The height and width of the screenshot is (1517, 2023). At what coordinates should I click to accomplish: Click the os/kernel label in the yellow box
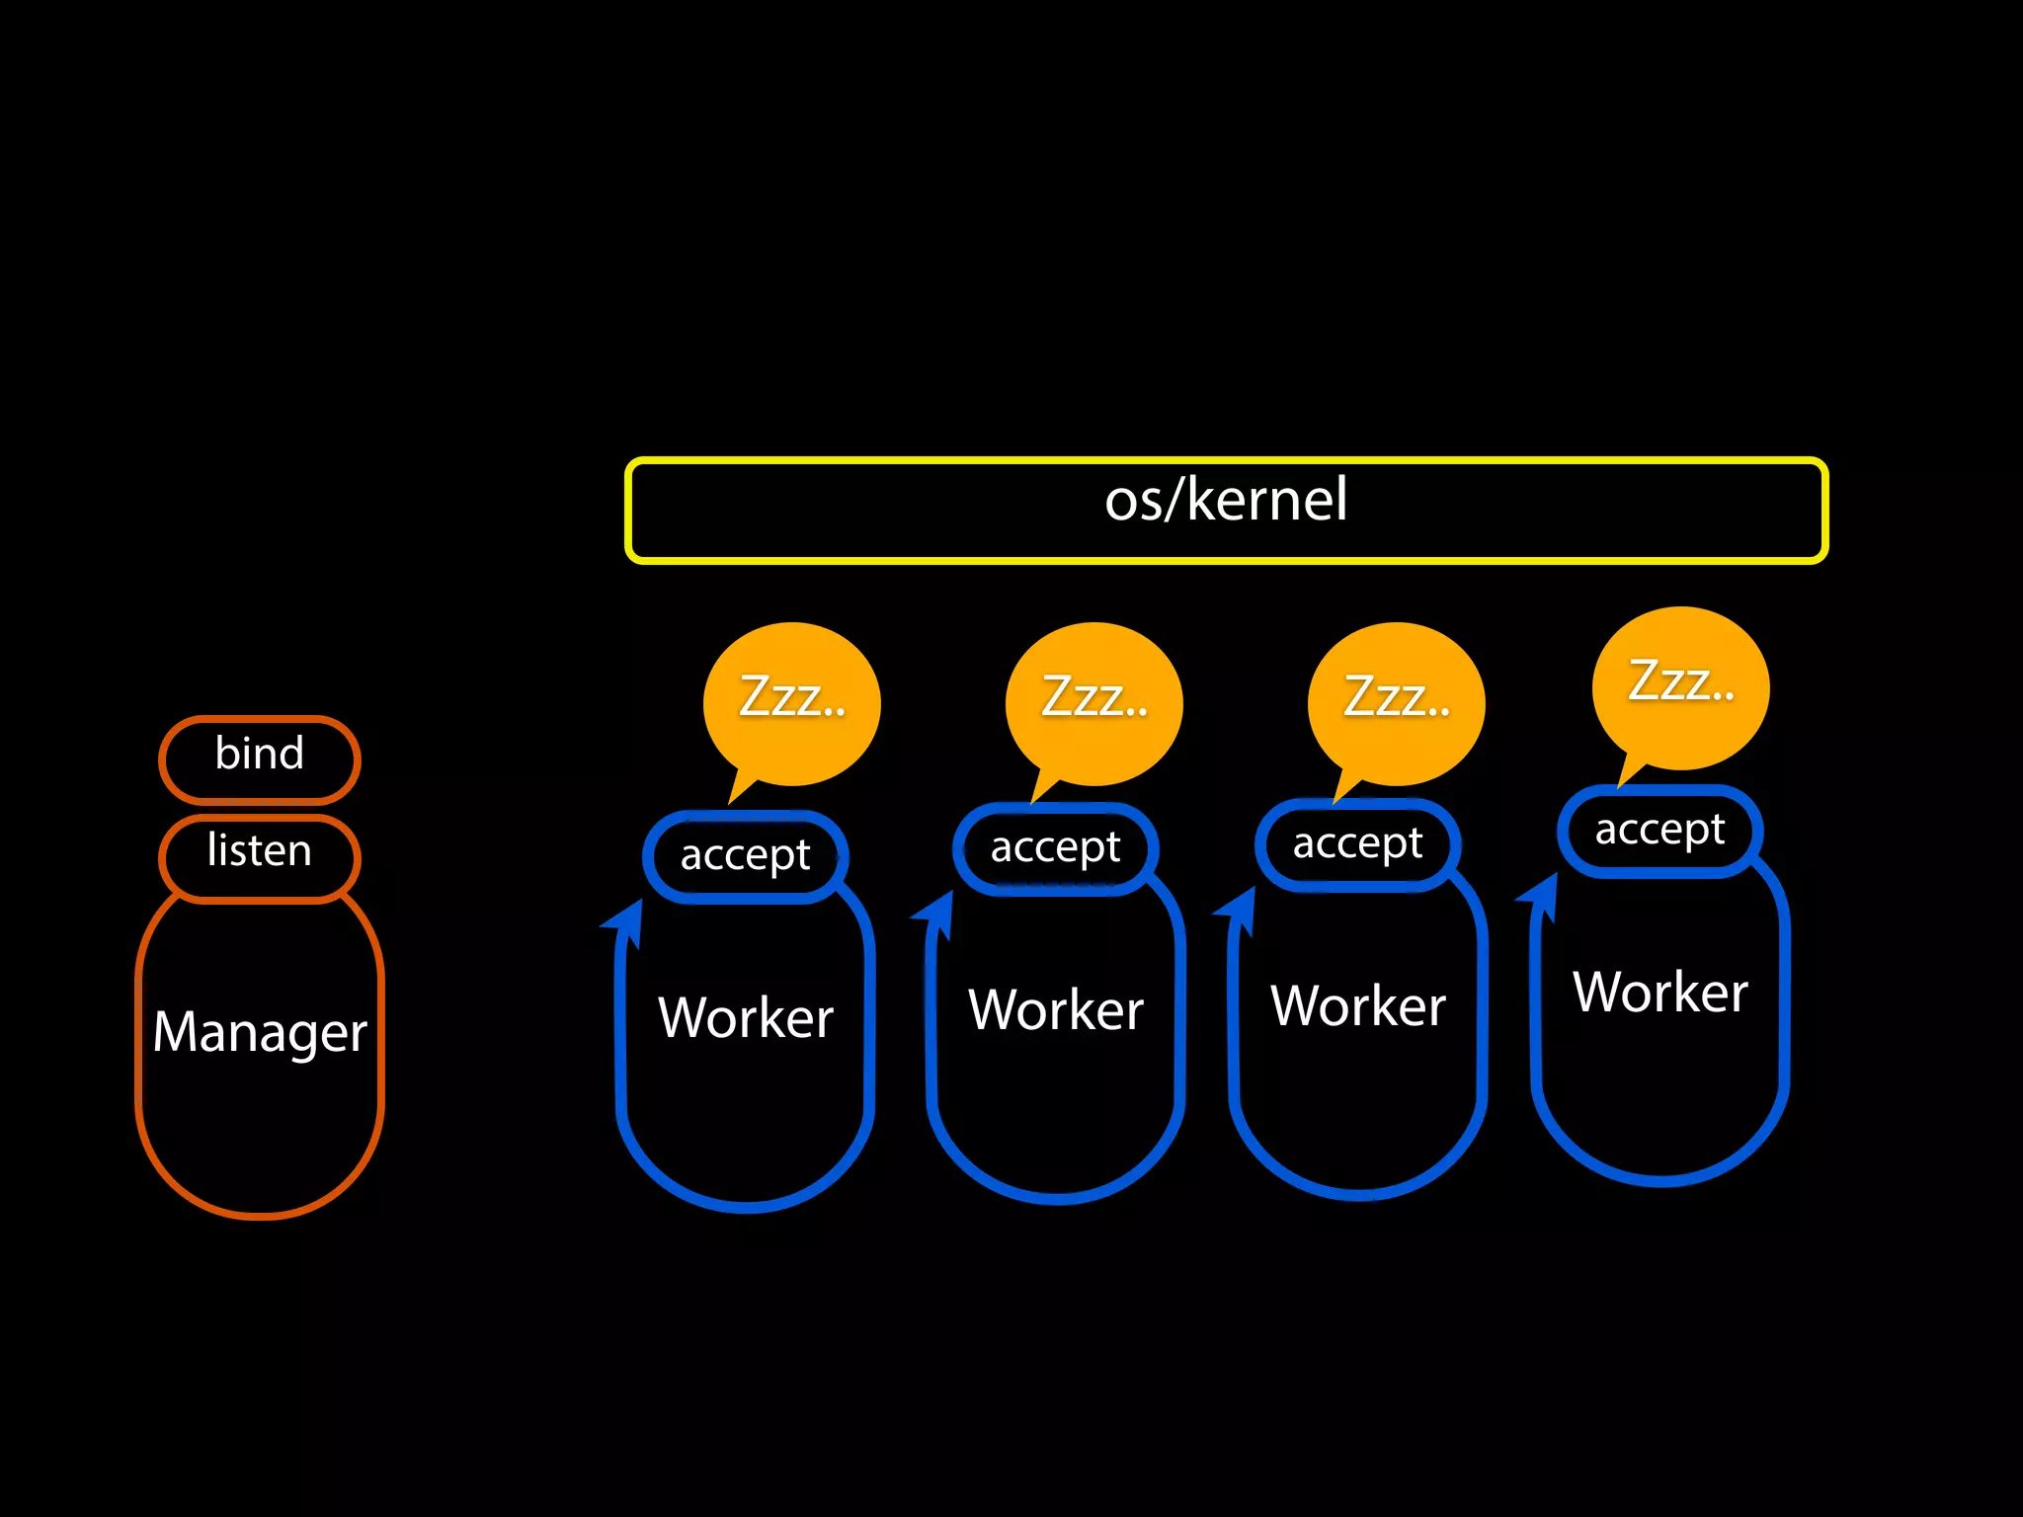point(1225,500)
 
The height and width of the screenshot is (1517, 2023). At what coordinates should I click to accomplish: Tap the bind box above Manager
point(260,757)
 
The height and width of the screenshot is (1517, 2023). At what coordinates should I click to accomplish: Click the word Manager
point(260,1033)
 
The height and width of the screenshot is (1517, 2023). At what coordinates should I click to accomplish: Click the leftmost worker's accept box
point(745,855)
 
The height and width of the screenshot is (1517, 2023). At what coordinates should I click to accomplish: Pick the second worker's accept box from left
point(1055,847)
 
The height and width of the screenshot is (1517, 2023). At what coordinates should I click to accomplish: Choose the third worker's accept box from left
point(1357,844)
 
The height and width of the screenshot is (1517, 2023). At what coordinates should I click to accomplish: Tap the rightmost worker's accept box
point(1659,831)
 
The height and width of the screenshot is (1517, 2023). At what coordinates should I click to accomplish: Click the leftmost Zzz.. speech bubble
point(792,699)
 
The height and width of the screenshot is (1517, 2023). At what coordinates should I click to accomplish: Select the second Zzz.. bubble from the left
point(1094,699)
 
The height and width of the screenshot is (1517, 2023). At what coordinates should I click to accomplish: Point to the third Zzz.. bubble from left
point(1397,699)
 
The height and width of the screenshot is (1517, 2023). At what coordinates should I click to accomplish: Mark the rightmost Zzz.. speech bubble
point(1681,683)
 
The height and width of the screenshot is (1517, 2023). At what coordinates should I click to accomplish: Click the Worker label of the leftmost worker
point(746,1018)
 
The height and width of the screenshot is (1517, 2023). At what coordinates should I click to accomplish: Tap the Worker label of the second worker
point(1056,1010)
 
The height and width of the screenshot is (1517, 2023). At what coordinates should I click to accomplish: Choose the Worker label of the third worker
point(1358,1006)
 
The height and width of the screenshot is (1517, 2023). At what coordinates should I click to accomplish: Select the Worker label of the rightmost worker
point(1660,993)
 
